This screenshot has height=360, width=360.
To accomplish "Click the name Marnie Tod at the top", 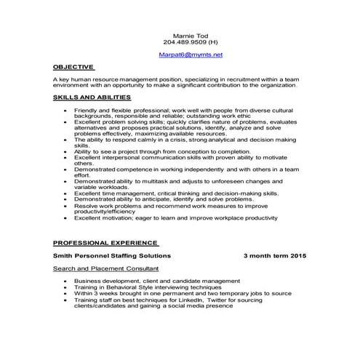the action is pos(191,35).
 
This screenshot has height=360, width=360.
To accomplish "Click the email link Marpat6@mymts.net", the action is pos(191,55).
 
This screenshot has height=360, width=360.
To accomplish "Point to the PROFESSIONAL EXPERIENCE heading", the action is pos(105,244).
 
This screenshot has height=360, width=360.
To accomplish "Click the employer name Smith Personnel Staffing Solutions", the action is pos(112,257).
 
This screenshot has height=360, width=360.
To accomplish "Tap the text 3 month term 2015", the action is pos(275,257).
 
